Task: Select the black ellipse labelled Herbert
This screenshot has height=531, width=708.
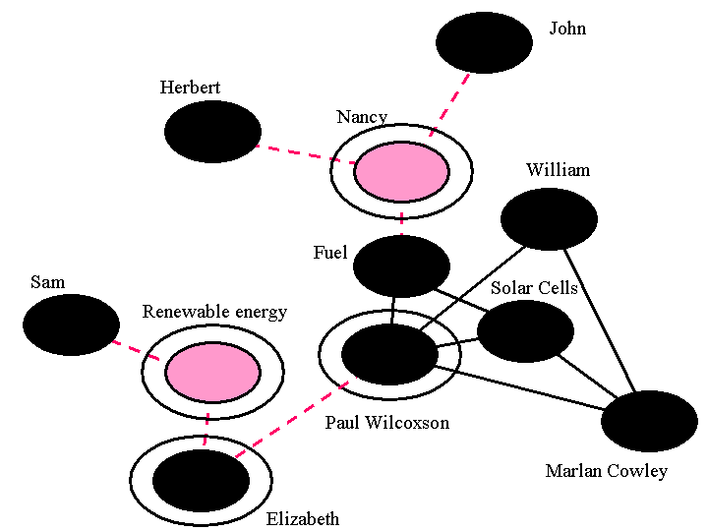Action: click(212, 131)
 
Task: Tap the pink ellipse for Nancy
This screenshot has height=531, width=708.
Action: click(401, 172)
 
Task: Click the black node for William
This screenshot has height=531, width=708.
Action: click(549, 218)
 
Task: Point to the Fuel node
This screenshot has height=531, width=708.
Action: click(401, 265)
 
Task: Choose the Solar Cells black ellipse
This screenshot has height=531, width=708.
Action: click(525, 331)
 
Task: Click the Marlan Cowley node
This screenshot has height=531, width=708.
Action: click(649, 421)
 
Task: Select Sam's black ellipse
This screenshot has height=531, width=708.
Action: click(71, 324)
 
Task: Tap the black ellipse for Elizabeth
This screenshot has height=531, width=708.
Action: click(201, 480)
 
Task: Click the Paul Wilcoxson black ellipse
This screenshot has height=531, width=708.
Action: click(389, 354)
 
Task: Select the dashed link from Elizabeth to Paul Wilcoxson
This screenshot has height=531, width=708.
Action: click(293, 418)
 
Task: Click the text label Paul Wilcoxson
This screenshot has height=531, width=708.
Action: click(386, 423)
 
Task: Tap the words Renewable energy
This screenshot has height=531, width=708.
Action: click(214, 312)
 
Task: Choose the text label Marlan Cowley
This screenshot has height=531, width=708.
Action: click(606, 471)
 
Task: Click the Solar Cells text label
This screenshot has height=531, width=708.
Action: click(534, 288)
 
